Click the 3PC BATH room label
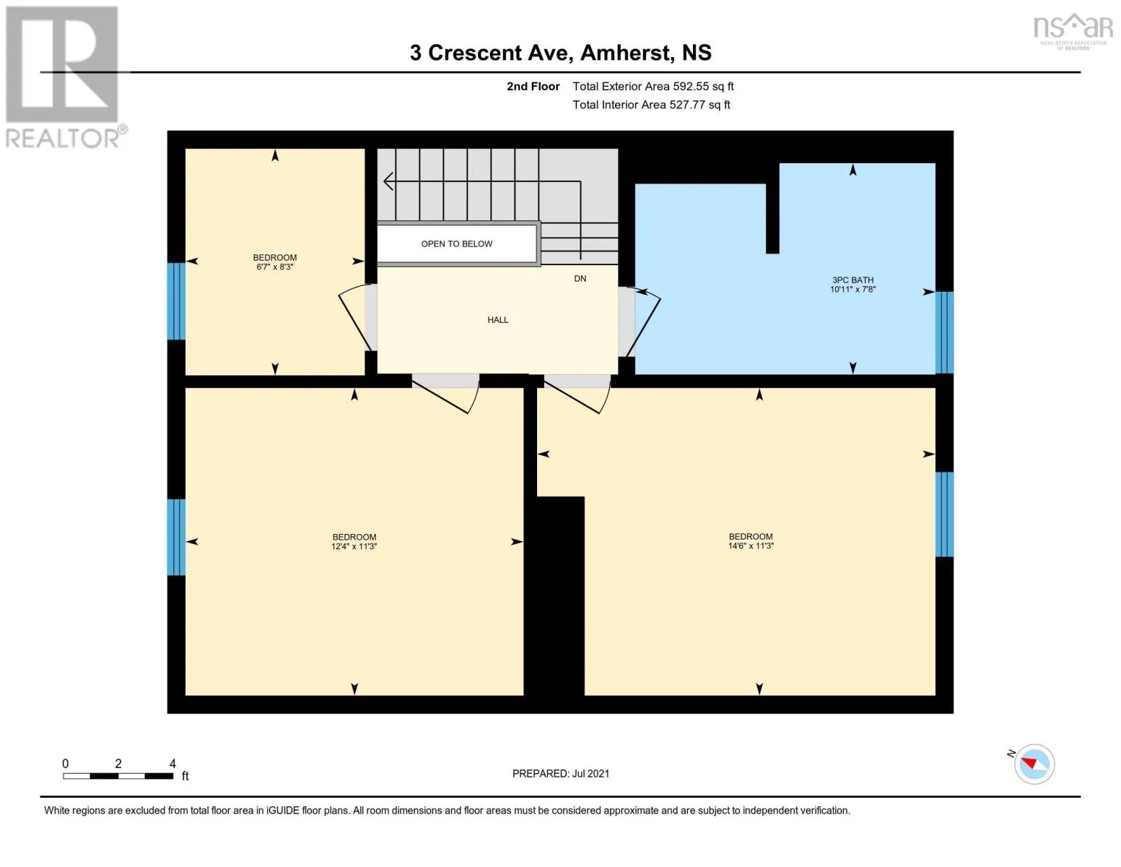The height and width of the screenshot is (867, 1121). tap(852, 280)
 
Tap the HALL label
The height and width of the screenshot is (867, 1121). tap(497, 319)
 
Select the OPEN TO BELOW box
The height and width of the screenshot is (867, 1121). tap(457, 243)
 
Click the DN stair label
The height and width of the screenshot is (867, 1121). tap(580, 278)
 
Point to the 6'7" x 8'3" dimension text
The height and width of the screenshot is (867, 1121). tap(274, 267)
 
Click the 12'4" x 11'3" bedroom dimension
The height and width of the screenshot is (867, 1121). tap(354, 546)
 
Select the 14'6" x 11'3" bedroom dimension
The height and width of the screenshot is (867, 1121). tap(751, 546)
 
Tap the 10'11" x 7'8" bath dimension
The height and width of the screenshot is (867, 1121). tap(852, 290)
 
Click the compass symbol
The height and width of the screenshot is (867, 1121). tap(1034, 764)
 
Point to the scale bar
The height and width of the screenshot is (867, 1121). tap(118, 776)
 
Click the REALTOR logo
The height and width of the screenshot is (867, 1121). tap(63, 76)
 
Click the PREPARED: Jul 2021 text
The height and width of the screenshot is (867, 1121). tap(560, 773)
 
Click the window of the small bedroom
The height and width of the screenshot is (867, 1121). tap(176, 301)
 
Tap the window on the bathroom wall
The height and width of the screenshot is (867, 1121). tap(944, 332)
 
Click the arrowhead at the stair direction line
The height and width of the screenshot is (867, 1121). tap(388, 181)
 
